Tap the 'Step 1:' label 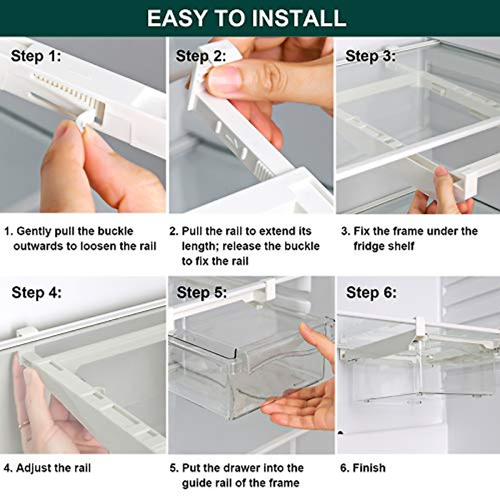coord(36,56)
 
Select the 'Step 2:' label coord(201,56)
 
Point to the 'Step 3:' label coord(370,56)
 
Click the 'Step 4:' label coord(36,292)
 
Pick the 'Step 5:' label coord(202,292)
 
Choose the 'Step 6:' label coord(371,292)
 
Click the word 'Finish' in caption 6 coord(369,468)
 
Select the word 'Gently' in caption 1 coord(34,231)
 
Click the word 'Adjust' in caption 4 coord(33,468)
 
